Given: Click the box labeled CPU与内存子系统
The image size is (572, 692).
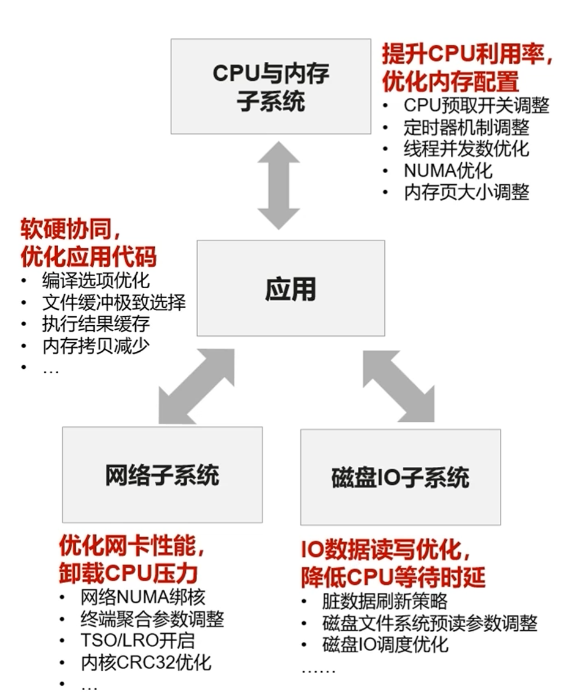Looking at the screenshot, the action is pos(270,86).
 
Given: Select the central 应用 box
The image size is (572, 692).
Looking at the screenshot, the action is pos(291,288).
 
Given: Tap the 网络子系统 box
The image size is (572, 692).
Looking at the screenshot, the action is pos(162,474).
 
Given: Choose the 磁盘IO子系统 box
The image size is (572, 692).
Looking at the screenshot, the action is pos(400,477).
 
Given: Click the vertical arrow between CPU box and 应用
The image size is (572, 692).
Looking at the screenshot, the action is pos(278,185).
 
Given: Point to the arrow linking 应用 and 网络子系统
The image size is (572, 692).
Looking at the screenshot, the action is pos(196,386).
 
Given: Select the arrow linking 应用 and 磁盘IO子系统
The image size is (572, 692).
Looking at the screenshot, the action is pos(398,386).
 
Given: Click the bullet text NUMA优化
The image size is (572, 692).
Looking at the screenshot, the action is pos(448,170).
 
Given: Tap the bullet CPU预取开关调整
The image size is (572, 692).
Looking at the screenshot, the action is pos(476,105).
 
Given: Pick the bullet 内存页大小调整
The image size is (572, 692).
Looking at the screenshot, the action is pos(467,192).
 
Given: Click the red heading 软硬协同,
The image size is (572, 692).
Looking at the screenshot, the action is pos(70,229).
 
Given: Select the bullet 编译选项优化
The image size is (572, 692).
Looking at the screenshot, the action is pos(96,280).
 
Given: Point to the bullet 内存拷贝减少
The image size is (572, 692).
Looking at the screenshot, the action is pos(96,346).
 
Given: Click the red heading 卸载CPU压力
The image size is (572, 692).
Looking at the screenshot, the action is pos(128,573).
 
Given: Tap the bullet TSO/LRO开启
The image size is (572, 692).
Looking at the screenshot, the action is pos(137,641).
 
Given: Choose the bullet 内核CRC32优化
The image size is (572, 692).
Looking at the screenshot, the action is pos(146,663).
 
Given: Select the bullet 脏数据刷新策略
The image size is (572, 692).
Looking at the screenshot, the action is pos(384,601).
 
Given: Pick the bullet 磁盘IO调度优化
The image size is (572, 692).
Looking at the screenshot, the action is pos(385,644).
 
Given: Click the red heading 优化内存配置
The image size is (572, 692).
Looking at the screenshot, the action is pos(450,81).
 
